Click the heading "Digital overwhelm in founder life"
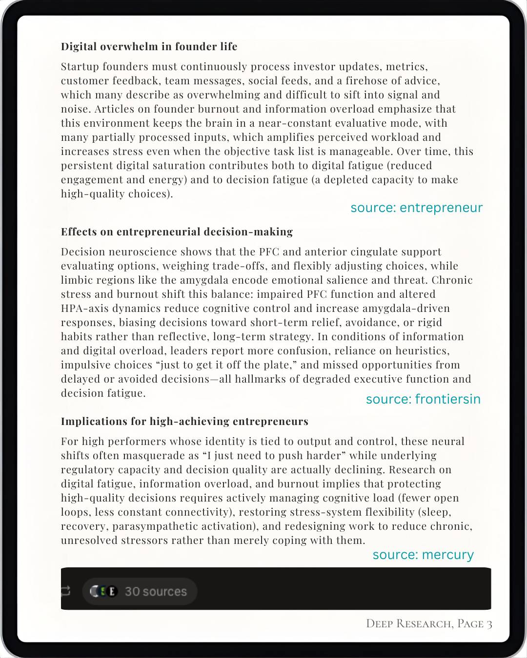149,47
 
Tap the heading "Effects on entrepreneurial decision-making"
177,232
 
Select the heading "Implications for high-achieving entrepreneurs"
184,422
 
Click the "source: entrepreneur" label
416,208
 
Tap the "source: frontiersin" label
423,399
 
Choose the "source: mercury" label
423,555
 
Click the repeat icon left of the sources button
65,591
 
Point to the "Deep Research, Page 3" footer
429,624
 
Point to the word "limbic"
76,280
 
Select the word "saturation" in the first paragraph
178,166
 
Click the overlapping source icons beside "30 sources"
104,591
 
